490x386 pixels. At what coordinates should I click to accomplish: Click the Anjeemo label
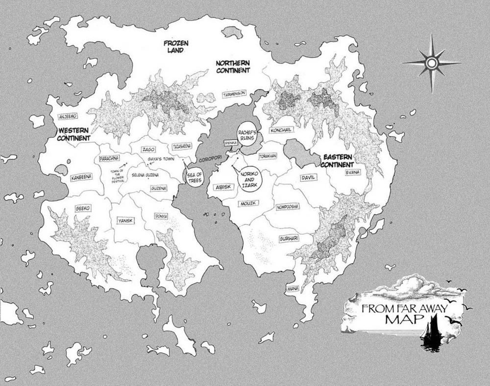click(x=67, y=116)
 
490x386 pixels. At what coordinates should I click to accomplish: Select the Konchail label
click(x=281, y=130)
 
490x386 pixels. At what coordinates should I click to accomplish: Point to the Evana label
click(x=352, y=172)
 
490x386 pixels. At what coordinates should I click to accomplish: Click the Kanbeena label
click(x=81, y=178)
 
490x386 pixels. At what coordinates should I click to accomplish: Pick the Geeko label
click(x=82, y=208)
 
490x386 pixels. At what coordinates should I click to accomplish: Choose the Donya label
click(x=161, y=216)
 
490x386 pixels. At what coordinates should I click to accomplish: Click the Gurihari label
click(x=289, y=238)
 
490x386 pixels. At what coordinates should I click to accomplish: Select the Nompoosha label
click(x=288, y=207)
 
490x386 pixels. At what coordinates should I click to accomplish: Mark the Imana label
click(x=293, y=288)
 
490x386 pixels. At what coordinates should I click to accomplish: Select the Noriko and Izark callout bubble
click(x=250, y=176)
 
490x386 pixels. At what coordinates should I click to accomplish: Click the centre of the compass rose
click(x=432, y=63)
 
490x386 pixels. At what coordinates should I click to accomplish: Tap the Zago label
click(x=148, y=149)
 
